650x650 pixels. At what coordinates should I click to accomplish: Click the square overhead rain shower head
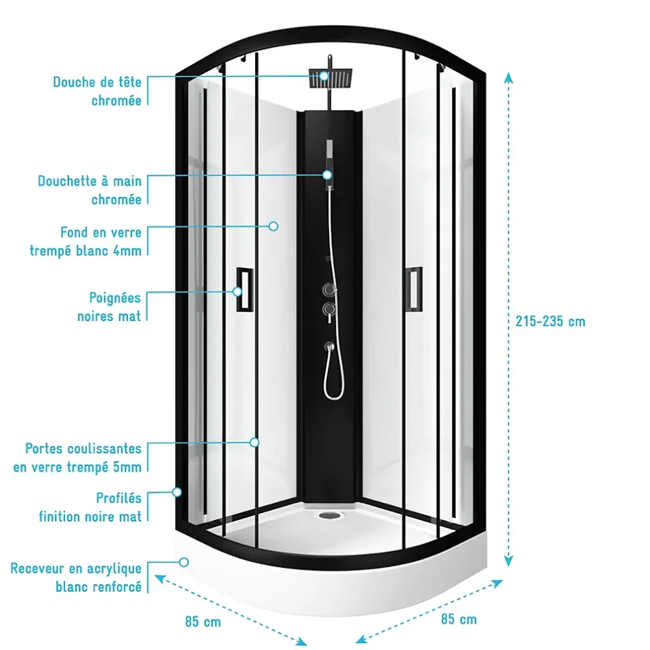pos(331,78)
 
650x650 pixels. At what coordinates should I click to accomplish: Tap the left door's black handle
pos(245,289)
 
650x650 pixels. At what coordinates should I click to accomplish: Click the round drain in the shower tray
pos(330,515)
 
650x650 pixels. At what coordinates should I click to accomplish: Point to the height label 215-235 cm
pos(550,322)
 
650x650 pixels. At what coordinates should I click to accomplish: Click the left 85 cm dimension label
pos(203,622)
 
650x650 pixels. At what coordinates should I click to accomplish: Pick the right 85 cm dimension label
pos(459,619)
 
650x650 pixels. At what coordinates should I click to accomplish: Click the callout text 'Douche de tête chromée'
pos(98,91)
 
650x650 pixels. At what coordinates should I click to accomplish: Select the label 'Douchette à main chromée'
pos(90,190)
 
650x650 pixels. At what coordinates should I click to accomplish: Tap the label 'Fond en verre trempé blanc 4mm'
pos(86,241)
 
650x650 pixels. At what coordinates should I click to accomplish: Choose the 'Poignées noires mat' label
pos(109,307)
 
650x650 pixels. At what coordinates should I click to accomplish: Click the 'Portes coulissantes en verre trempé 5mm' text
pos(77,458)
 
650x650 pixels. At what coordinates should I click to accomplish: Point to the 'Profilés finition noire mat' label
pos(91,507)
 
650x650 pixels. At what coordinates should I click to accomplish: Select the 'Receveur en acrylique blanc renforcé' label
pos(76,577)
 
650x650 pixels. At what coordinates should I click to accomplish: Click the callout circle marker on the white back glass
pos(273,226)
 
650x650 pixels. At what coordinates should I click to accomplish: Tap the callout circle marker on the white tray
pos(184,562)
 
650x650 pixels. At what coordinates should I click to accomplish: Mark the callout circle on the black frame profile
pos(177,492)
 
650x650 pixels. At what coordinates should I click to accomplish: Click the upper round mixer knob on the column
pos(330,289)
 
